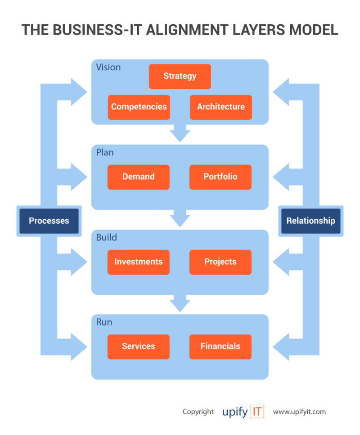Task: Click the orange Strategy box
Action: click(x=180, y=76)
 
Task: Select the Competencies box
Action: click(x=139, y=107)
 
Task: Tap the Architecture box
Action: click(x=220, y=107)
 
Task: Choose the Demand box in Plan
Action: click(x=138, y=177)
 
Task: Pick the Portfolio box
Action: click(x=220, y=177)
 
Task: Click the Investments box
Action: click(x=138, y=262)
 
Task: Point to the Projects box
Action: click(x=220, y=262)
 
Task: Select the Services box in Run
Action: click(x=138, y=346)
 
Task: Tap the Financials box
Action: click(x=220, y=346)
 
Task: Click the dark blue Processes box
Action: click(x=49, y=221)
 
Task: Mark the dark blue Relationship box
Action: click(x=310, y=221)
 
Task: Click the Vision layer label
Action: click(x=108, y=67)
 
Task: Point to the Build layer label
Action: click(x=106, y=237)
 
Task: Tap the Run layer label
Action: click(x=104, y=322)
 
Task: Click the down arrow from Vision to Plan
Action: click(x=180, y=134)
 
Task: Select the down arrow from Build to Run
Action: click(x=180, y=304)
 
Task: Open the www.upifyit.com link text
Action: click(x=299, y=412)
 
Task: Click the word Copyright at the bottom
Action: click(x=198, y=412)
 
